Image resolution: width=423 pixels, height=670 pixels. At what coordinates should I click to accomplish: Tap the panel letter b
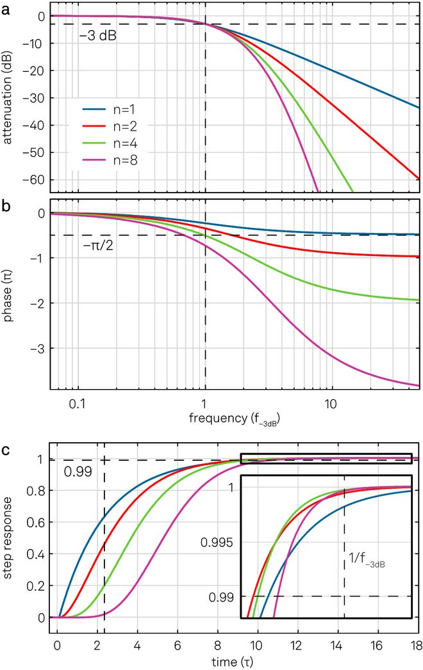(6, 207)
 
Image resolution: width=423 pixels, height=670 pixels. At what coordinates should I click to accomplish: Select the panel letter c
(6, 449)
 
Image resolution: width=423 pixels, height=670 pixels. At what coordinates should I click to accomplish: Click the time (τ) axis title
(235, 660)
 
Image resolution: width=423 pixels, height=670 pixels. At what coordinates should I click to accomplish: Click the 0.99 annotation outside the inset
(76, 474)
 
